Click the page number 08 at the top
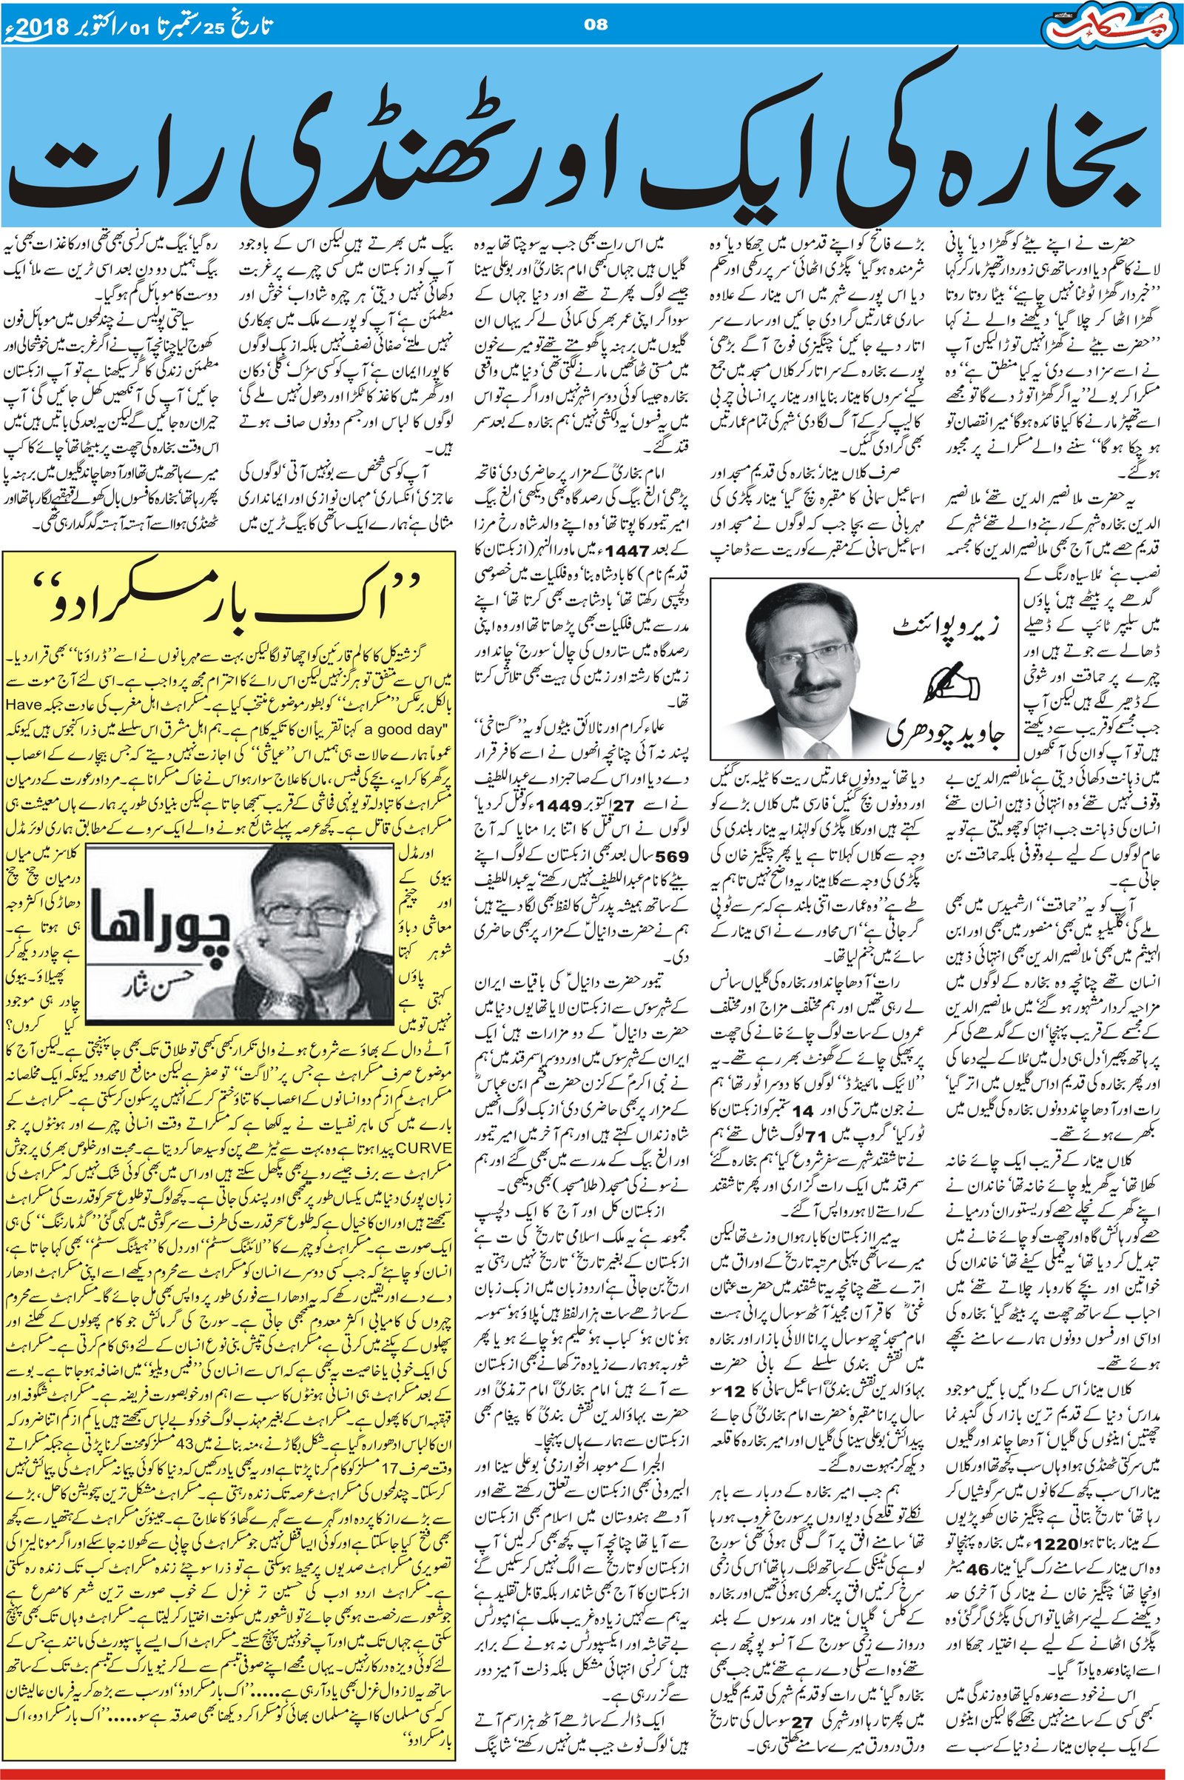click(x=596, y=25)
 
